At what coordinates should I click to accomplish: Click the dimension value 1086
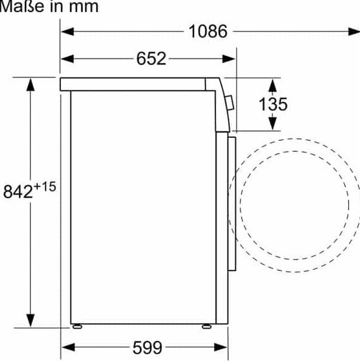coord(208,32)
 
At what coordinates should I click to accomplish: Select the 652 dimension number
coord(151,58)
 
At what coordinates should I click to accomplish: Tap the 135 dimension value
coord(273,104)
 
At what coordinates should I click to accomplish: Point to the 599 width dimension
coord(147,348)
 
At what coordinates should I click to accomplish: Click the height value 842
coord(18,191)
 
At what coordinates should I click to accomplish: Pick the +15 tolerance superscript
coord(45,187)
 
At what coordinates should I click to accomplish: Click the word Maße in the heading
coord(22,7)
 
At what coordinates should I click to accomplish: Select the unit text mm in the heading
coord(84,7)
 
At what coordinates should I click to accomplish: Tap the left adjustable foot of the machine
coord(77,326)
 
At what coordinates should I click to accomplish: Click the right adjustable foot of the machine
coord(206,326)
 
